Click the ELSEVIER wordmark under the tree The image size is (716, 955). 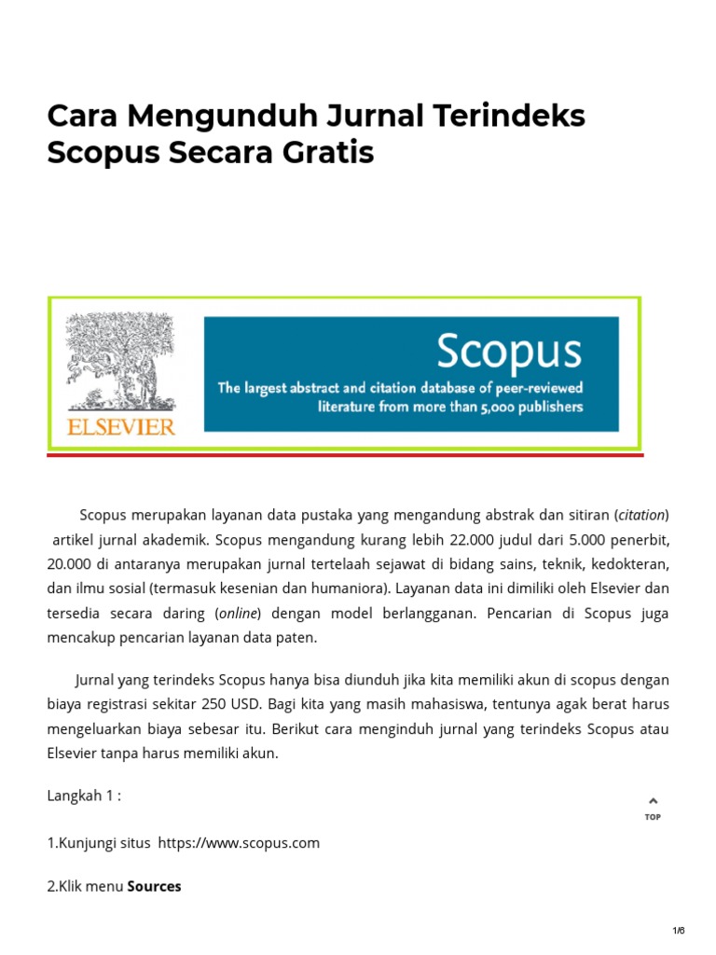[120, 426]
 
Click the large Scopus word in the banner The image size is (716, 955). [508, 352]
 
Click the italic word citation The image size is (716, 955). [641, 515]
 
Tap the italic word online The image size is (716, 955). [238, 614]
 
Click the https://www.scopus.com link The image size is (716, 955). [239, 843]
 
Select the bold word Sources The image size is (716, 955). [154, 886]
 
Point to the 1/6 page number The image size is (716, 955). [679, 931]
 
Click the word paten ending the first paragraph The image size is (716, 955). [297, 638]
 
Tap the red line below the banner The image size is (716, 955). [345, 455]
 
